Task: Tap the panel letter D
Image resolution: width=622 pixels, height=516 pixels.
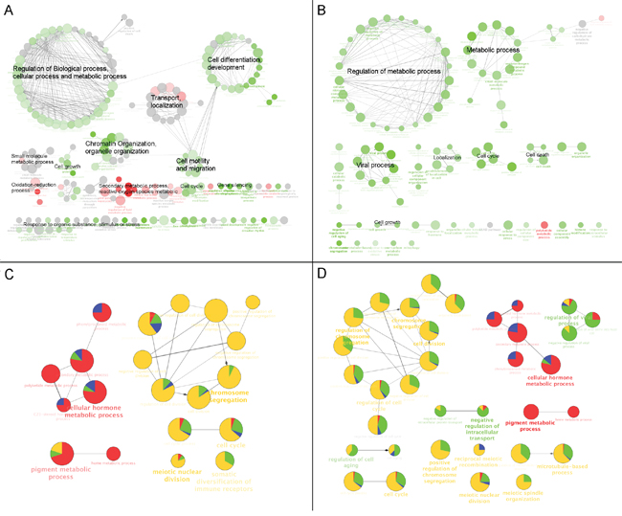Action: (322, 275)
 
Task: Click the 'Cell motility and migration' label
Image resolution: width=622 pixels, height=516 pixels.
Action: (196, 165)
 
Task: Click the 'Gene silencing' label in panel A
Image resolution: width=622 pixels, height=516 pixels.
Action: (234, 185)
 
